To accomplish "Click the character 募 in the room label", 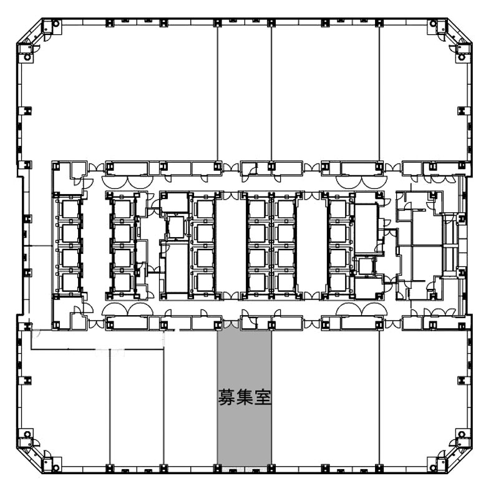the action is (226, 397).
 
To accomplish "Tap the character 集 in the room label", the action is (245, 397).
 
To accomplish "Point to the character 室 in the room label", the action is (263, 397).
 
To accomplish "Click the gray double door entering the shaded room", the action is (231, 324).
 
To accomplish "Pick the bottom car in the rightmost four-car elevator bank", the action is (338, 283).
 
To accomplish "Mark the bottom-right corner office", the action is (424, 397).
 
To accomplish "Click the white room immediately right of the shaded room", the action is (325, 397).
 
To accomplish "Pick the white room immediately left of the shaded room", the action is (190, 397).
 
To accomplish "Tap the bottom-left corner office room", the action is (65, 407).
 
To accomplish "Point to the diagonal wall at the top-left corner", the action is (29, 31).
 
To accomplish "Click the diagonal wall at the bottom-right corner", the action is (460, 460).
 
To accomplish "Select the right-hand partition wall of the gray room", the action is (271, 397).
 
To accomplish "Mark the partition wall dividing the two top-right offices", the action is (379, 94).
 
